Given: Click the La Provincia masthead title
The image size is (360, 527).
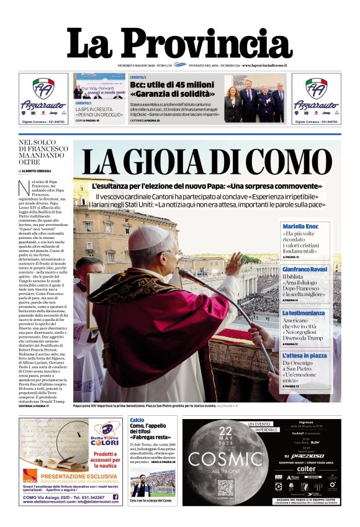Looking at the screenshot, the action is [180, 44].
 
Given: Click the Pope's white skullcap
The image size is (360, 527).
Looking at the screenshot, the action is [150, 238].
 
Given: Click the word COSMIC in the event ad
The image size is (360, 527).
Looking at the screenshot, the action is [225, 459].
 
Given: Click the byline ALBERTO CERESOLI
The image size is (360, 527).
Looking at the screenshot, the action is [38, 171].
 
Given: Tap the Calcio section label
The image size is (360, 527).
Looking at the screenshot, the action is [137, 420].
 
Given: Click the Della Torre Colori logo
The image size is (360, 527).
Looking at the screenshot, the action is [106, 431].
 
